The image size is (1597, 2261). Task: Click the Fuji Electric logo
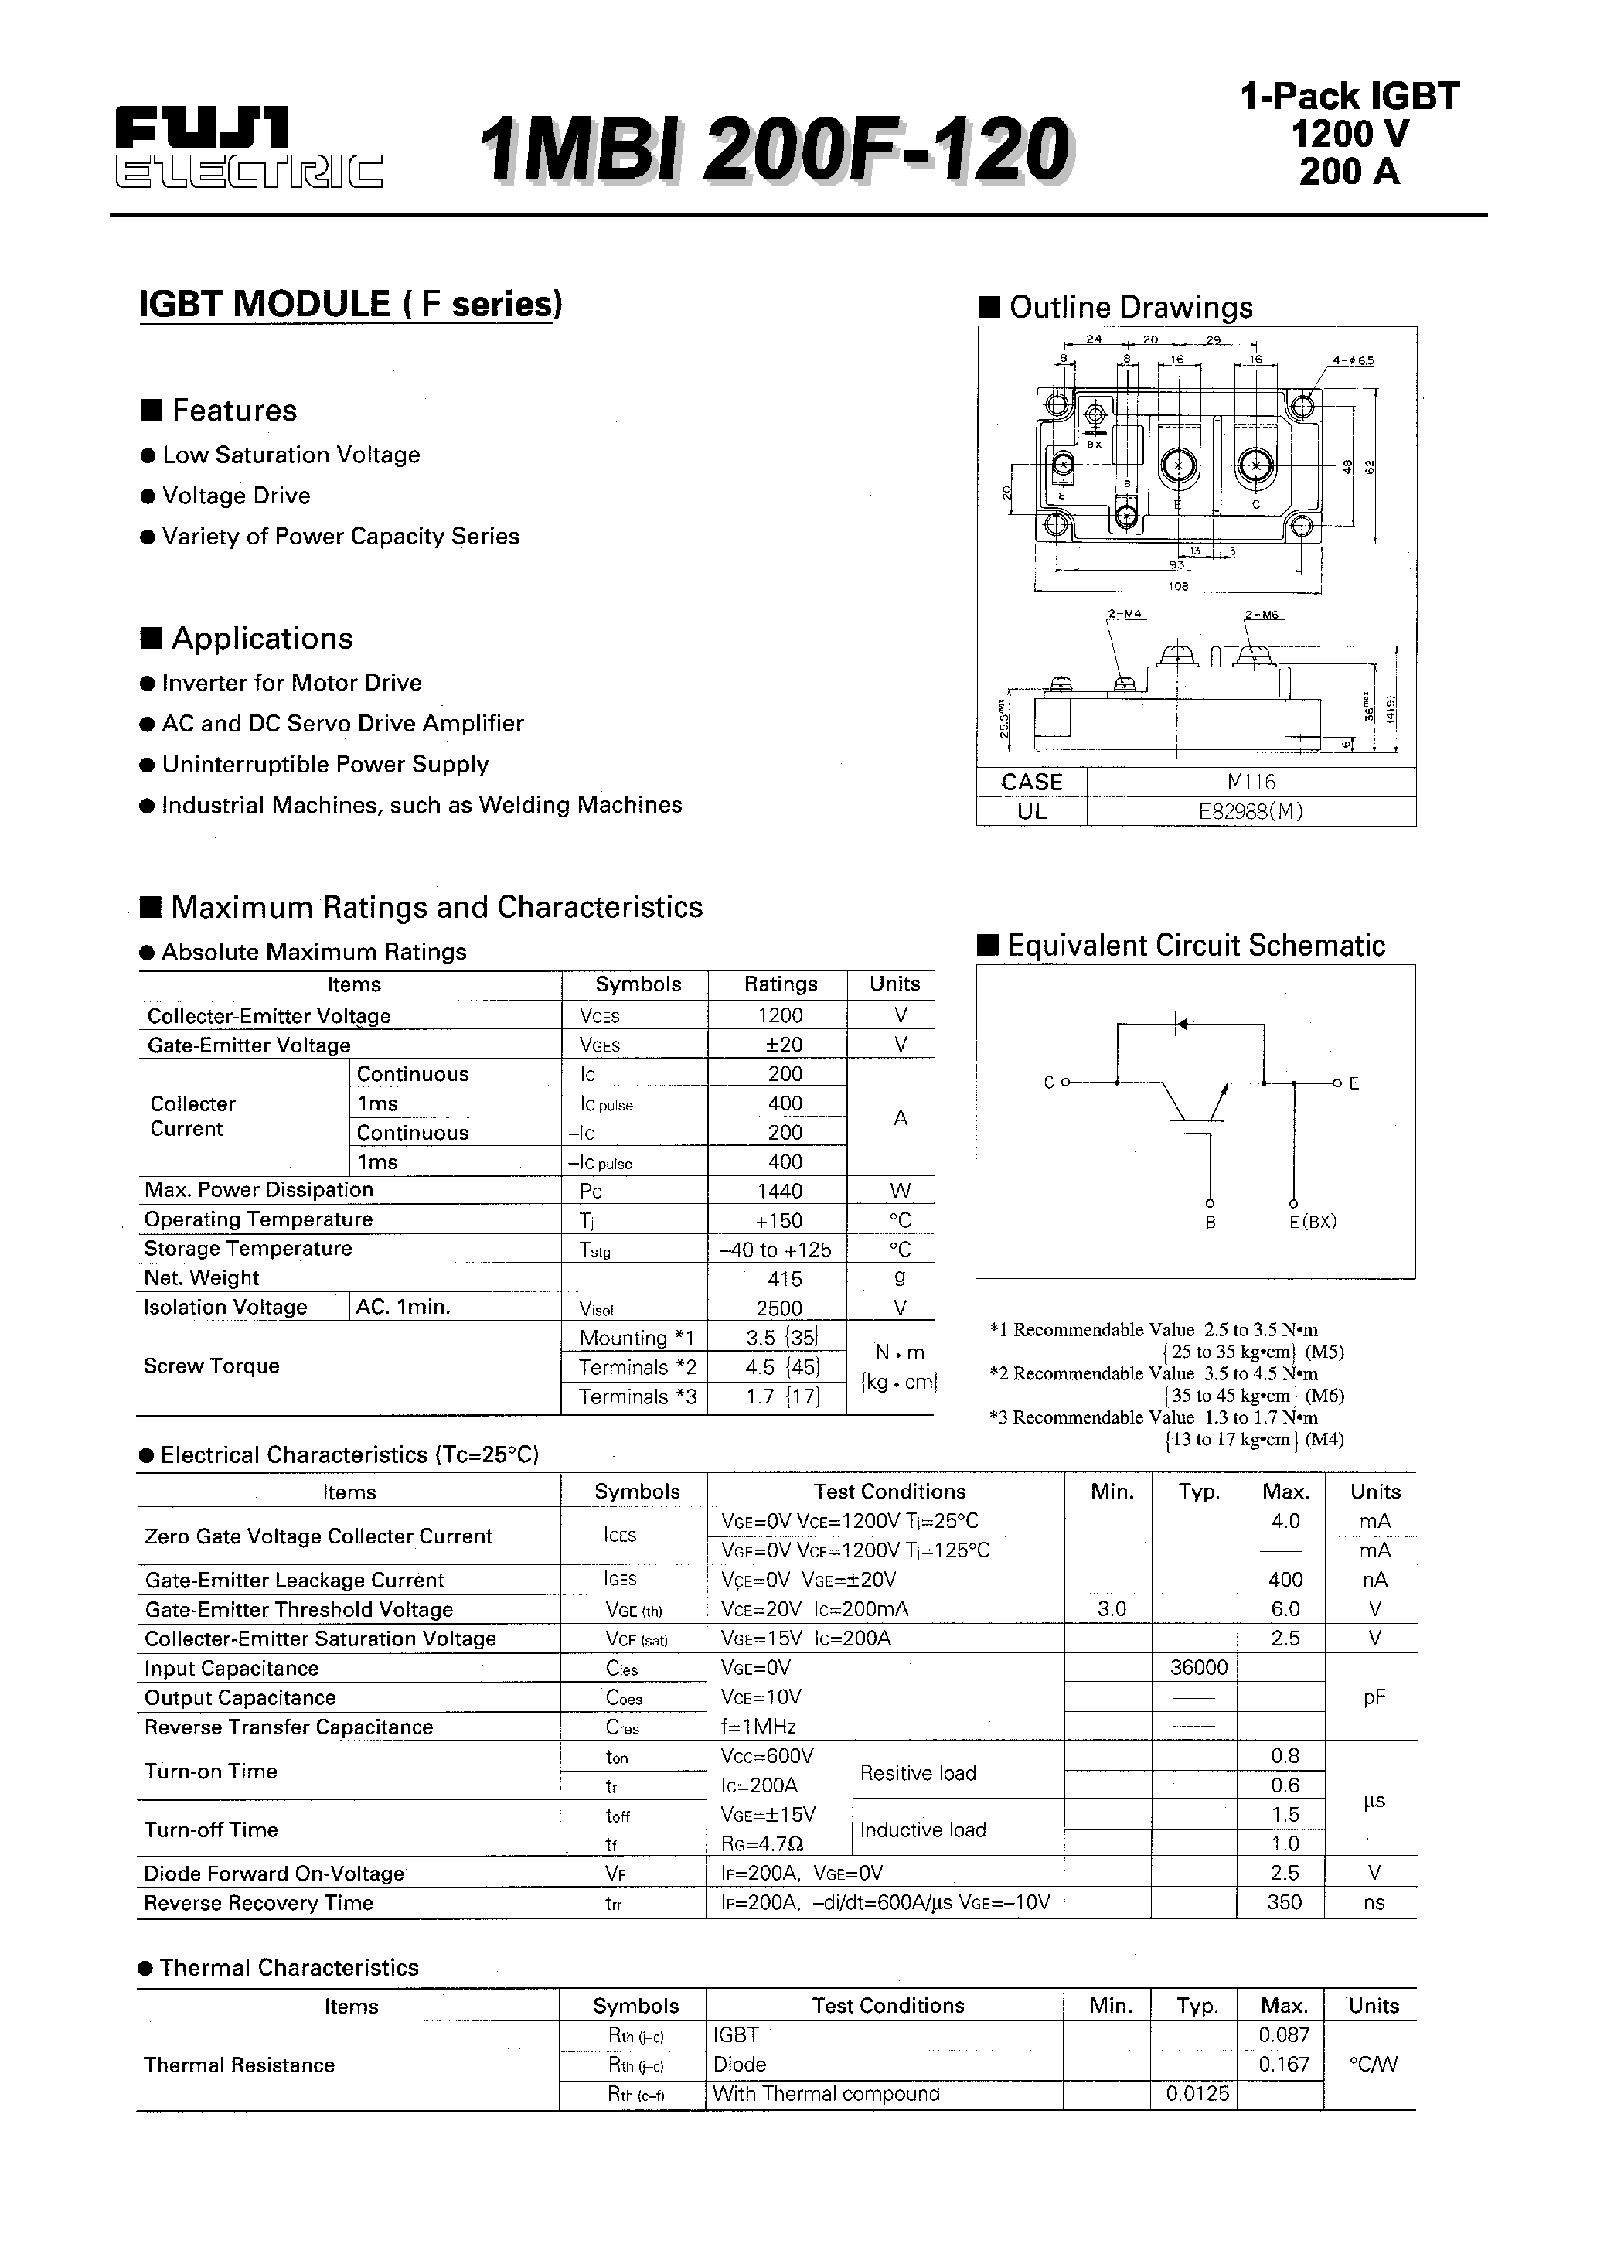click(x=248, y=148)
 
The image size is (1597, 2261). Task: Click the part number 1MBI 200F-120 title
click(x=776, y=148)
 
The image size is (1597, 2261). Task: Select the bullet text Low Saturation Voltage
click(x=291, y=455)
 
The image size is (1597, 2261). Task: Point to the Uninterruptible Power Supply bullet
click(x=325, y=764)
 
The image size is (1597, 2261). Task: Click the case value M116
click(x=1251, y=782)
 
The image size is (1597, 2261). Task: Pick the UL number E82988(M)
click(x=1251, y=811)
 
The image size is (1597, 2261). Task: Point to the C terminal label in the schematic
click(x=1049, y=1083)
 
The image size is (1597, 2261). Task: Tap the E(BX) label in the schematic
click(x=1313, y=1222)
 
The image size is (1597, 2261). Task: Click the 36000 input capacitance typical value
click(x=1198, y=1668)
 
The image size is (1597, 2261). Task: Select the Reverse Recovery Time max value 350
click(x=1284, y=1902)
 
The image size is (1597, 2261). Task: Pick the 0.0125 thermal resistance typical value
click(x=1197, y=2094)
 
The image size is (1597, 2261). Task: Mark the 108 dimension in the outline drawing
click(x=1179, y=586)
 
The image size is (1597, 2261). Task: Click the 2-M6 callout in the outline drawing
click(x=1262, y=615)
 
